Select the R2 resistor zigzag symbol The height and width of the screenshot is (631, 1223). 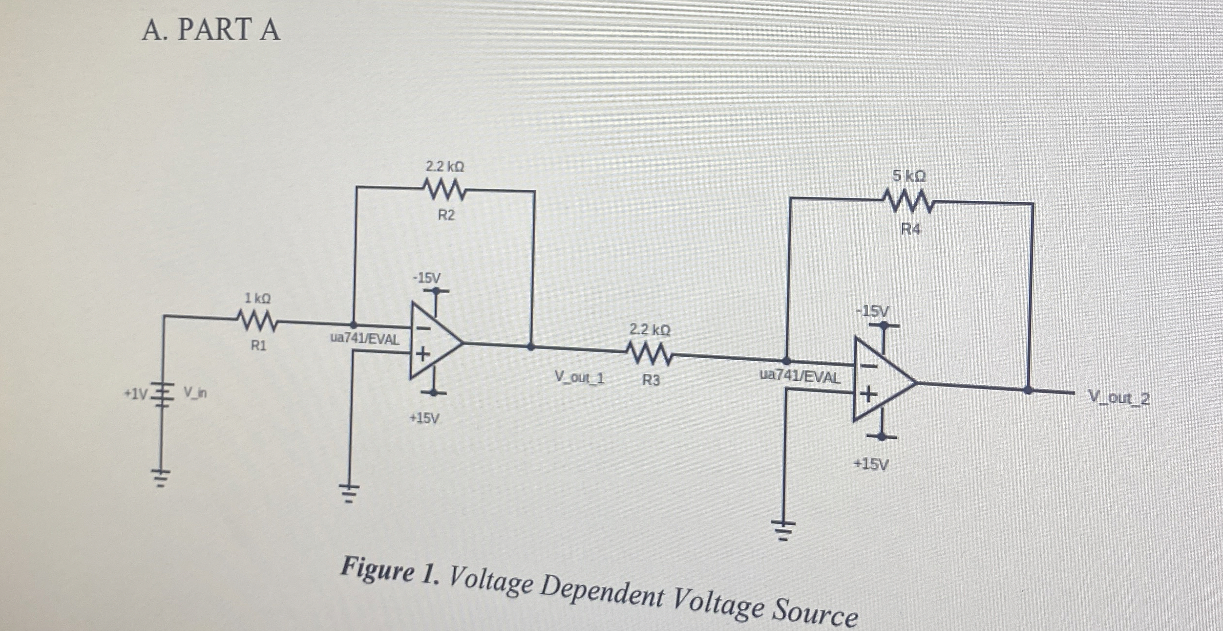[x=445, y=190]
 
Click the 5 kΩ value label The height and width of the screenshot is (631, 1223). [x=909, y=176]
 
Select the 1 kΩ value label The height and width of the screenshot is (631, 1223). [x=257, y=298]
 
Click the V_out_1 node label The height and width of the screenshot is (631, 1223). [x=579, y=377]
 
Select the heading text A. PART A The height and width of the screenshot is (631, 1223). [x=211, y=29]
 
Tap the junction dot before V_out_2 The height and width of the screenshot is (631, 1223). [x=1028, y=390]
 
